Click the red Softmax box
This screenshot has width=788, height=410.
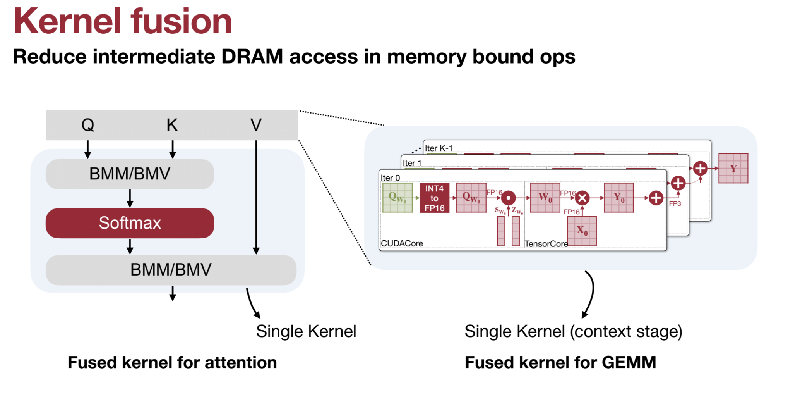coord(130,223)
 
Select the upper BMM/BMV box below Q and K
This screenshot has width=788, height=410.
coord(130,174)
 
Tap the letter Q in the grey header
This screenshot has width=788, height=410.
coord(88,125)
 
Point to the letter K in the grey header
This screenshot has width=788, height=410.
coord(172,125)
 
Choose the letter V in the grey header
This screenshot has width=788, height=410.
coord(256,125)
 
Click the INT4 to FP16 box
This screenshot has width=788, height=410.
coord(434,198)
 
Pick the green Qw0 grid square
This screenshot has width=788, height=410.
coord(397,198)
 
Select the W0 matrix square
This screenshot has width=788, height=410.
coord(545,198)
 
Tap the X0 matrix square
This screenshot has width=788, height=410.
coord(582,231)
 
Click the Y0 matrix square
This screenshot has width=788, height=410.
coord(619,198)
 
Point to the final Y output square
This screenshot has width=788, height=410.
coord(733,168)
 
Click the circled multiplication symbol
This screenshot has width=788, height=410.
coord(582,198)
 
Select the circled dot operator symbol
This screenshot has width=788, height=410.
coord(508,198)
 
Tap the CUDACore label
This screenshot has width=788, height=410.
coord(402,243)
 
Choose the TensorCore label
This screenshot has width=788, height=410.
coord(546,244)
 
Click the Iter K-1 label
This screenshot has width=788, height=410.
coord(439,148)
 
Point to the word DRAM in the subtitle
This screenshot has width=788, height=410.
coord(252,57)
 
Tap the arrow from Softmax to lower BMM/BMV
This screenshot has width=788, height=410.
coord(130,246)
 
